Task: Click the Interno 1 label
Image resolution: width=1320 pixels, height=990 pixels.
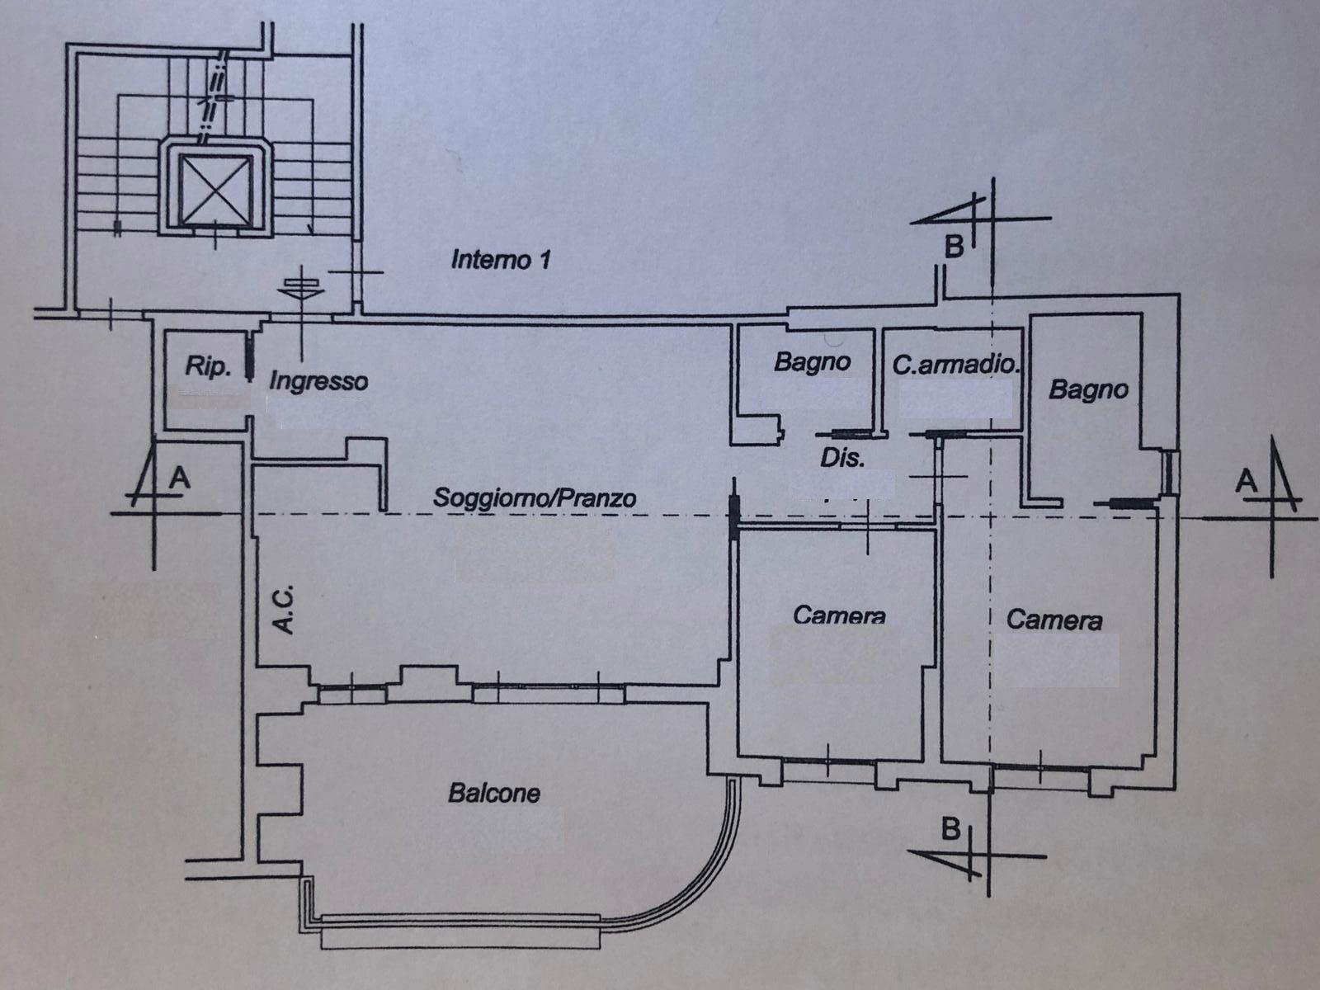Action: [x=500, y=260]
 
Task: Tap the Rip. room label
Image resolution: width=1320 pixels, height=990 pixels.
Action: [x=208, y=366]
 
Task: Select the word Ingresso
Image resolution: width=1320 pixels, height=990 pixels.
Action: [x=318, y=382]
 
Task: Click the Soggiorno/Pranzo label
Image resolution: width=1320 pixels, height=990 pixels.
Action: [x=535, y=497]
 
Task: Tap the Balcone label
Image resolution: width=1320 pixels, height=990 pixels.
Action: [x=493, y=794]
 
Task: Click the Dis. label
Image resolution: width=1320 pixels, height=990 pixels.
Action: [x=842, y=460]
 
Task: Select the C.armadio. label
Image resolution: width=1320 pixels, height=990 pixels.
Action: [x=957, y=365]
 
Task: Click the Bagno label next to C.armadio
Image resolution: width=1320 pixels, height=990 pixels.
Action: [x=813, y=362]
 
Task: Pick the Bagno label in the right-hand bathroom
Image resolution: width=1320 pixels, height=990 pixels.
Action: [x=1089, y=390]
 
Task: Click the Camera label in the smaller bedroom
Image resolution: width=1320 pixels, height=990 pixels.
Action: [x=840, y=615]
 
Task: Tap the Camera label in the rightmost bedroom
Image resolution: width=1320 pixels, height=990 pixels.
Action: [x=1054, y=620]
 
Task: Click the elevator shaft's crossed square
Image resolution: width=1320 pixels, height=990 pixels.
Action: [x=214, y=190]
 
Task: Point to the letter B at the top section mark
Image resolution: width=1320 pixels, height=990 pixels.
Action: [x=955, y=247]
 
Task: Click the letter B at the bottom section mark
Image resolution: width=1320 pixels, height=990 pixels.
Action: [x=950, y=830]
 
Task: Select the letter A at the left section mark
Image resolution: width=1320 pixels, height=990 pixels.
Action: [x=179, y=478]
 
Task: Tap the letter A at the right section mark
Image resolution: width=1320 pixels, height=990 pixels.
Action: [x=1246, y=481]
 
